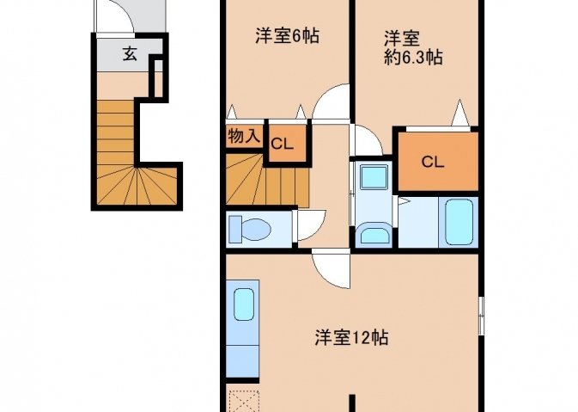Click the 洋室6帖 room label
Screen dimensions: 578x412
[x=287, y=36]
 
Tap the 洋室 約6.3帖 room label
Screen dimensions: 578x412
[x=413, y=48]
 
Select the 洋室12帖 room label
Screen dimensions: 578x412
[x=351, y=337]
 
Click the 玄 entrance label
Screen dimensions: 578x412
[x=130, y=54]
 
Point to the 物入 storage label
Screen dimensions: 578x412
[x=244, y=136]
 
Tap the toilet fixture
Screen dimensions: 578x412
[x=250, y=229]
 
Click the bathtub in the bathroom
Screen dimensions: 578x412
[x=459, y=222]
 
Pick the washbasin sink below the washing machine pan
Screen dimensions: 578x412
[x=375, y=233]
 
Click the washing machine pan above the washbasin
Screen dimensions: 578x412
[x=374, y=177]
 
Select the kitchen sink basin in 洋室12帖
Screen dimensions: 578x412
[x=244, y=304]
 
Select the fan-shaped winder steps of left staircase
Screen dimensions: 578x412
[x=137, y=185]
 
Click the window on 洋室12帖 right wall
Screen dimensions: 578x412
[x=481, y=316]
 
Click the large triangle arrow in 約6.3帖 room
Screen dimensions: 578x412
[x=459, y=112]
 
